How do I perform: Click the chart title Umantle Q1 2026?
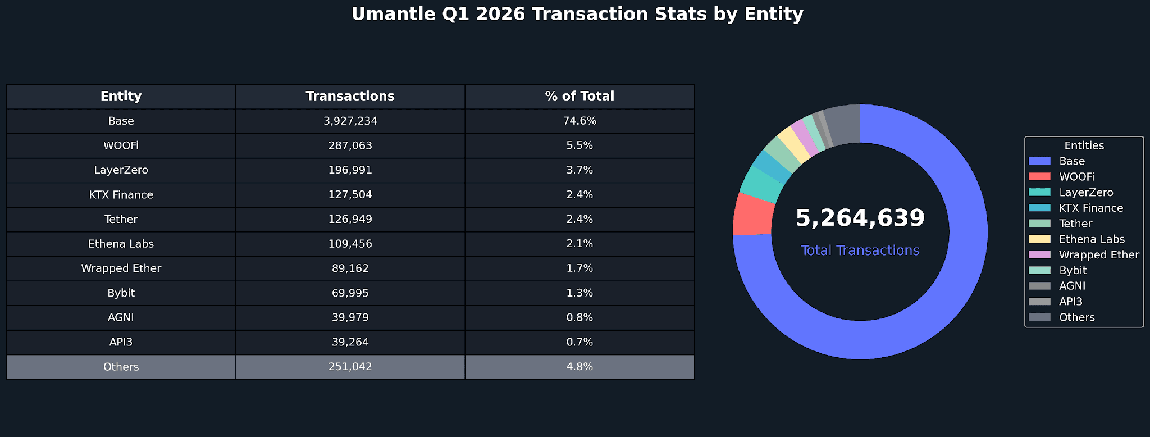(x=577, y=14)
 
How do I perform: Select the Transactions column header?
(x=350, y=96)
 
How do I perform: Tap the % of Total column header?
(x=579, y=96)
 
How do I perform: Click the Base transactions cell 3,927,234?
(x=350, y=121)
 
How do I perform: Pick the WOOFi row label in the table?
(x=121, y=145)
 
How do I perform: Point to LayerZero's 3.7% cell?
(x=579, y=170)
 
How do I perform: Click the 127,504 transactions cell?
(x=350, y=194)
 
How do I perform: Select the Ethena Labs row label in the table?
(x=121, y=244)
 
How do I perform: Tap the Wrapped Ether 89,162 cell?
(x=350, y=268)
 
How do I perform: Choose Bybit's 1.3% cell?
(x=579, y=293)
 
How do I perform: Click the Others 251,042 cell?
(x=350, y=367)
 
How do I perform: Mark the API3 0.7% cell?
(x=579, y=342)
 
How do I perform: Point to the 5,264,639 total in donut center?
(x=860, y=218)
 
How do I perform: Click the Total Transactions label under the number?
(x=860, y=251)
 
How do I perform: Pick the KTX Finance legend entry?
(x=1090, y=208)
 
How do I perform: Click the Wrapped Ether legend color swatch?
(x=1039, y=254)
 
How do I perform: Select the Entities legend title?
(x=1084, y=145)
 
